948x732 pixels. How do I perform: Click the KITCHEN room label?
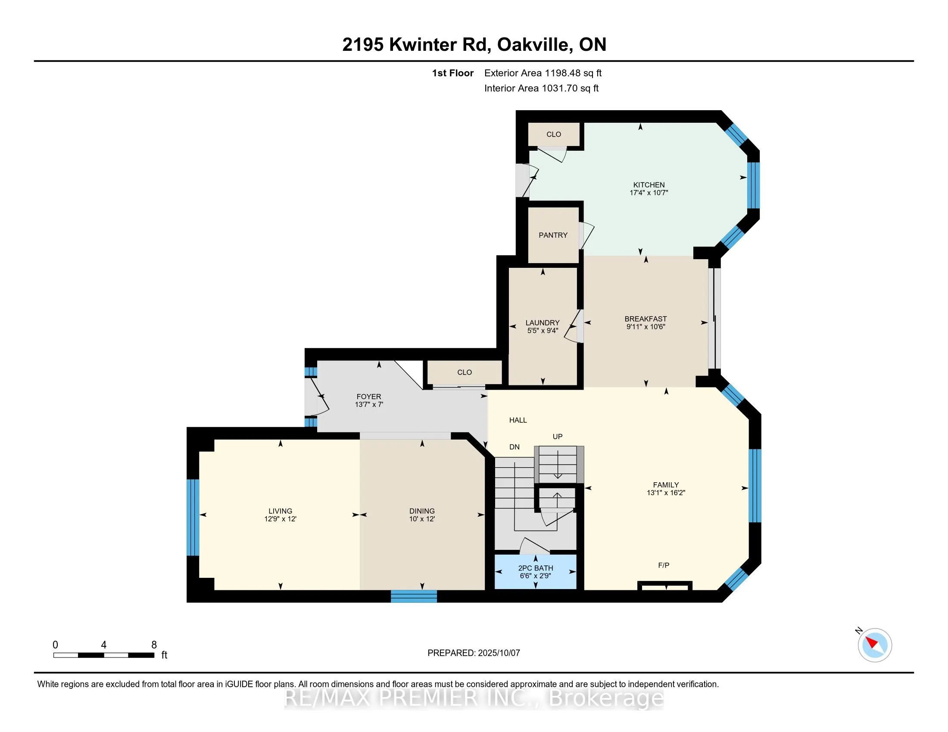click(649, 185)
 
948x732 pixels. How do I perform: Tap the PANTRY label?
click(553, 235)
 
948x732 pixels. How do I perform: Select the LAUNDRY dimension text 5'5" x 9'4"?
click(543, 330)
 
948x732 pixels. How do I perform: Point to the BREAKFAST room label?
click(646, 319)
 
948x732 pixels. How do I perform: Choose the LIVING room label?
click(280, 511)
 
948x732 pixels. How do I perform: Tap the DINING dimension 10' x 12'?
click(422, 519)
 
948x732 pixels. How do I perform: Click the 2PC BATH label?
click(535, 568)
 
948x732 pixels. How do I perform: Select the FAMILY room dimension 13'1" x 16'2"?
click(665, 493)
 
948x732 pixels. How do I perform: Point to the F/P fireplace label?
click(664, 565)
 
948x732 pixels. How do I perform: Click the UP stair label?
click(557, 436)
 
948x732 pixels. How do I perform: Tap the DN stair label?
click(515, 447)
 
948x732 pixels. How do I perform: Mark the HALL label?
click(518, 420)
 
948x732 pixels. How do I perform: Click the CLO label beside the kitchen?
click(553, 134)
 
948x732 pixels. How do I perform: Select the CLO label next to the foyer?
click(465, 372)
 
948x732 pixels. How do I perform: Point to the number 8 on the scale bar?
click(154, 645)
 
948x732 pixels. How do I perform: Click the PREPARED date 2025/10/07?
click(499, 653)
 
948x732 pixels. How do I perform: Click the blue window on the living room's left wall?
click(193, 517)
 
